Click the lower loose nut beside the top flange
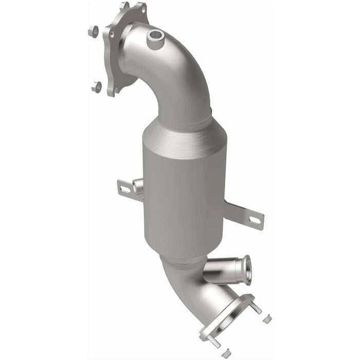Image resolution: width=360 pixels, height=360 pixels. point(96,86)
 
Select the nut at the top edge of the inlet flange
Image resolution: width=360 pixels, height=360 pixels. point(123,7)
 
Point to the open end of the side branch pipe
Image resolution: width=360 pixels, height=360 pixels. point(246,268)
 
